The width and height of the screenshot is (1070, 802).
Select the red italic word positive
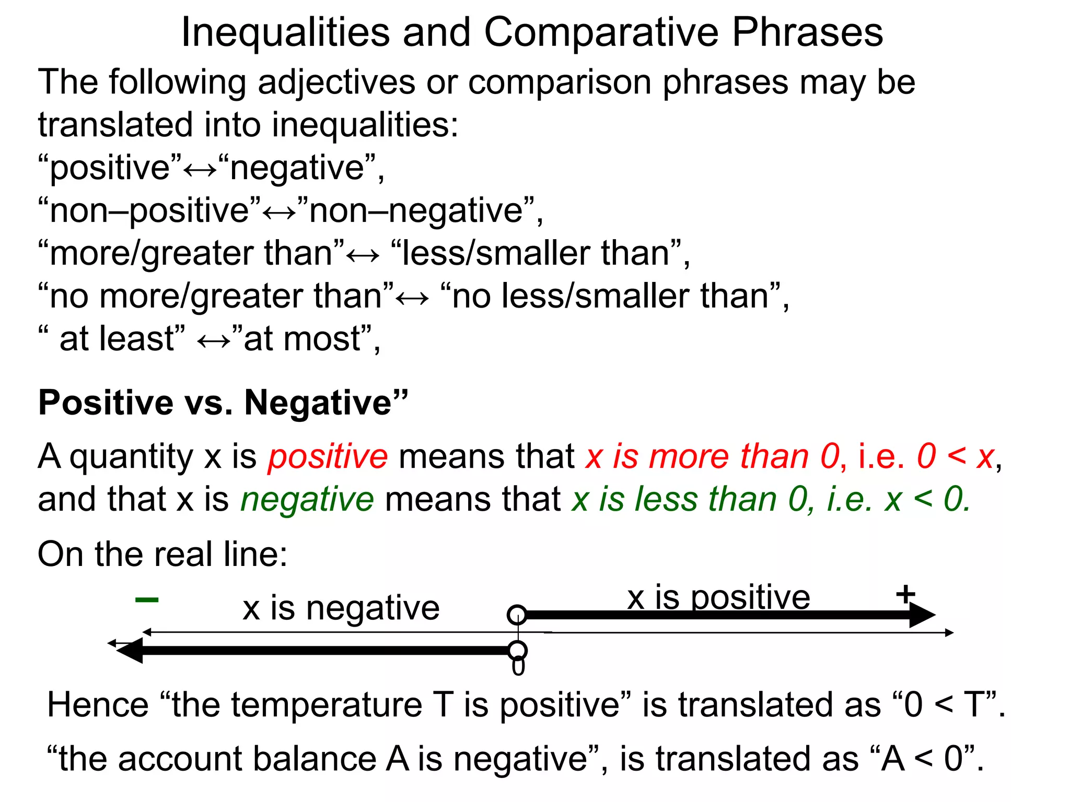coord(328,456)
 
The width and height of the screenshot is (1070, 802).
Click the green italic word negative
coord(307,499)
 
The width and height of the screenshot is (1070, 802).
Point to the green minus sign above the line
coord(147,600)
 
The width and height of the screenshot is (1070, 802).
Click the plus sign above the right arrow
coord(905,594)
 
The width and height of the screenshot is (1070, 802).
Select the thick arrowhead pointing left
coord(130,651)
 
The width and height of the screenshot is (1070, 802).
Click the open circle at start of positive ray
coord(517,615)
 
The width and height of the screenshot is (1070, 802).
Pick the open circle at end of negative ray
coord(517,651)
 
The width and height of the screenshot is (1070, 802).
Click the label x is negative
coord(341,608)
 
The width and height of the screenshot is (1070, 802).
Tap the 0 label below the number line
coord(518,668)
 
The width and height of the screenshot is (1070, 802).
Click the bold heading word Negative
coord(318,403)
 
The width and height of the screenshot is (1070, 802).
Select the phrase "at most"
coord(302,339)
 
